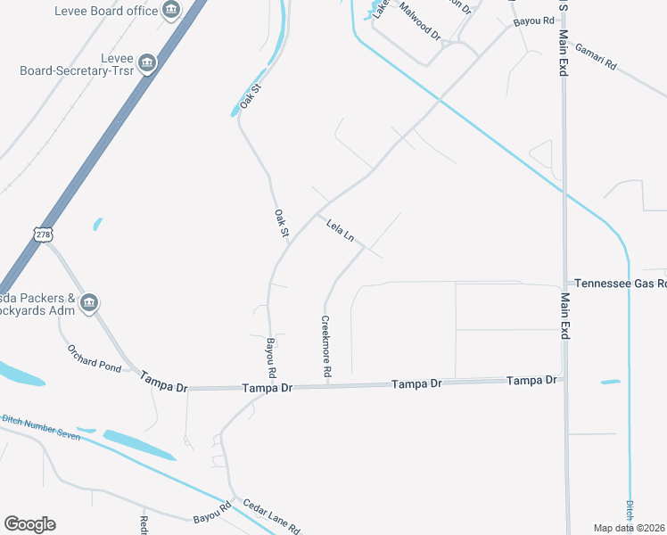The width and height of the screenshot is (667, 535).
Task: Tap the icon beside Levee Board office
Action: [171, 12]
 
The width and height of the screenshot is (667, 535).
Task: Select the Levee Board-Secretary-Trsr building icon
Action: [147, 63]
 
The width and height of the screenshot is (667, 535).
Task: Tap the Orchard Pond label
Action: [94, 359]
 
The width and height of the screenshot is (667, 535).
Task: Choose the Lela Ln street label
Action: [341, 231]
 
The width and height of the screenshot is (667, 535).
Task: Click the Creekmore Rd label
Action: [326, 346]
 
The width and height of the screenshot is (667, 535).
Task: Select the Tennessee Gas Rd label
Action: [620, 284]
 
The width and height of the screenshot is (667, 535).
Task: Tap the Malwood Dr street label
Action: [420, 21]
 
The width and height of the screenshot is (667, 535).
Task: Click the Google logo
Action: [29, 524]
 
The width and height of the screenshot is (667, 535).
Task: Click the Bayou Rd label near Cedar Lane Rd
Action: [212, 511]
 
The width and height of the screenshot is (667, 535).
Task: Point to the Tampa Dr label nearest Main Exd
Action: [531, 380]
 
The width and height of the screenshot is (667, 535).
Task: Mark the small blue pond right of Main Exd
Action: [610, 383]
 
